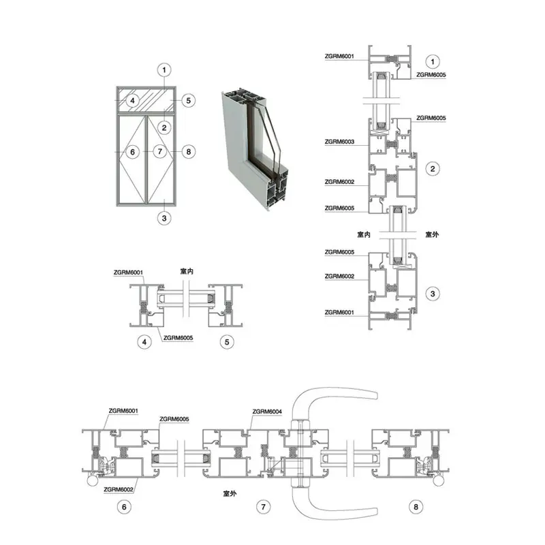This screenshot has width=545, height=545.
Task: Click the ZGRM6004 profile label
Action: coord(267,411)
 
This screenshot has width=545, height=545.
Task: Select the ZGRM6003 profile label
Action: coord(339,142)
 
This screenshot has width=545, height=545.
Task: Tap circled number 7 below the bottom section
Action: coord(263,507)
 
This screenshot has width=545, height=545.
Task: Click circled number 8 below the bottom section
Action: coord(416,507)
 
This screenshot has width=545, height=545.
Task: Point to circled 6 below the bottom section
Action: coord(124,507)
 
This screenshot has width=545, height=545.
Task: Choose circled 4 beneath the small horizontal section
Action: coord(144,342)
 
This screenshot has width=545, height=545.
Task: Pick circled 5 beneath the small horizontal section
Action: coord(227,342)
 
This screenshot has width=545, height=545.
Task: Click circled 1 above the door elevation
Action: coord(164,70)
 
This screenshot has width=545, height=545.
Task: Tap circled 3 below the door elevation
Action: coord(164,218)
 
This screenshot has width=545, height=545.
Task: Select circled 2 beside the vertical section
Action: coord(433,169)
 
